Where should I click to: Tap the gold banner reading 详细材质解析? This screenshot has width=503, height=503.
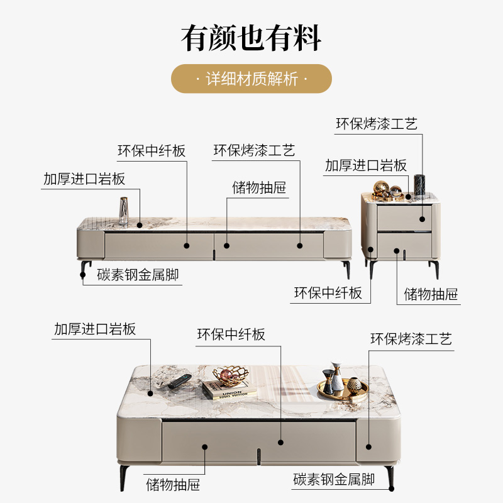click(x=251, y=79)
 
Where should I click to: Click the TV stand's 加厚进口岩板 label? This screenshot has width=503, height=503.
click(x=84, y=179)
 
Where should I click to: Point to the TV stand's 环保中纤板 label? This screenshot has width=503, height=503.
click(x=152, y=151)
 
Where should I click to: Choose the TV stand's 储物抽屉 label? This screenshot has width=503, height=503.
click(x=259, y=187)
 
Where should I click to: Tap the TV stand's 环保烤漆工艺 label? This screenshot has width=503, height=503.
click(x=254, y=151)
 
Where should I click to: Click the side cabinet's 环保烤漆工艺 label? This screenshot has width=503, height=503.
click(x=376, y=124)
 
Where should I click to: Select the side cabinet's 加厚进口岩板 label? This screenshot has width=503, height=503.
click(x=366, y=165)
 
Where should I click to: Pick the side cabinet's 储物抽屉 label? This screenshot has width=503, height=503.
click(x=431, y=294)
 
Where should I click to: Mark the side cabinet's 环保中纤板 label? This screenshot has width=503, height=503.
click(x=328, y=292)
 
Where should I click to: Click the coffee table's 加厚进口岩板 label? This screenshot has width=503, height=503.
click(x=95, y=329)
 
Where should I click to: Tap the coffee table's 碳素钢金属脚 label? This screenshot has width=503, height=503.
click(x=333, y=480)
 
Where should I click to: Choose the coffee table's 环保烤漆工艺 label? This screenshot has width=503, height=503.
click(x=411, y=340)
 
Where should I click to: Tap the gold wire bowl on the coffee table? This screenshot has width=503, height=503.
click(x=230, y=376)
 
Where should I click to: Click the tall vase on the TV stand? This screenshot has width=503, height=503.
click(x=124, y=211)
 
